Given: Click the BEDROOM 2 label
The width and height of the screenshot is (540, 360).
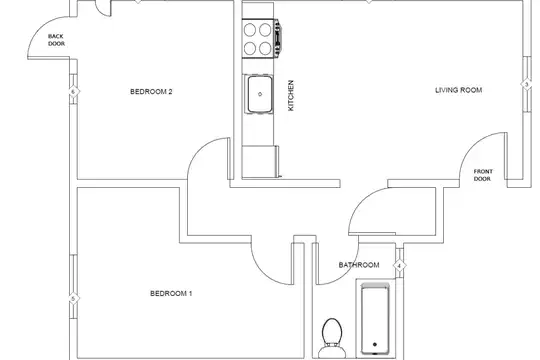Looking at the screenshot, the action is click(151, 92).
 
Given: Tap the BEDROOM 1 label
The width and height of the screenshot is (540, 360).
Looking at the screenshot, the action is click(171, 294).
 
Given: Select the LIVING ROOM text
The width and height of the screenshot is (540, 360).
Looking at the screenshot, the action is click(458, 90).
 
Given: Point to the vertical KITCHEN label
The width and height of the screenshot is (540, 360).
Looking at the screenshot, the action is click(291, 95).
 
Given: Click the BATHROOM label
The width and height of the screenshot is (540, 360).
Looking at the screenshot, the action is click(359, 265).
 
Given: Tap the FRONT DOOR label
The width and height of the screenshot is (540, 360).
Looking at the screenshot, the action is click(483, 175).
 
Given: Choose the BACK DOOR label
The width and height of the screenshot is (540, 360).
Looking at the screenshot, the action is click(56, 40).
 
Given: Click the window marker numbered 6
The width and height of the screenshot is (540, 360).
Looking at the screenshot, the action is click(73, 92).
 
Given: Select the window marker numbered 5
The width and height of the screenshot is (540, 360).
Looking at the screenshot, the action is click(73, 299).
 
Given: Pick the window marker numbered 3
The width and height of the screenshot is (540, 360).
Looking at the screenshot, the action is click(527, 84).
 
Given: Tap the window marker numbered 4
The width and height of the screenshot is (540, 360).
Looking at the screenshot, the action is click(399, 266).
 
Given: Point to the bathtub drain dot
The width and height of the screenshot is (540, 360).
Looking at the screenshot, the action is click(375, 344).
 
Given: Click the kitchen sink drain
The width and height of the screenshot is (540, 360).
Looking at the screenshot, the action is click(260, 94).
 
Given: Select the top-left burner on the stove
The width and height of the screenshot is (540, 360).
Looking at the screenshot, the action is click(250, 30).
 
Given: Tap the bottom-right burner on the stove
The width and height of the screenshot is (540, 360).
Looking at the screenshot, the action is click(265, 48).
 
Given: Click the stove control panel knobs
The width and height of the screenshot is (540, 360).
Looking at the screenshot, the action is click(278, 38).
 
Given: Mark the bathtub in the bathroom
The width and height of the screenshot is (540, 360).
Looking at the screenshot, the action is click(375, 319).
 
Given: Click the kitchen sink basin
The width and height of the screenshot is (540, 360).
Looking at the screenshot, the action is click(260, 94).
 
